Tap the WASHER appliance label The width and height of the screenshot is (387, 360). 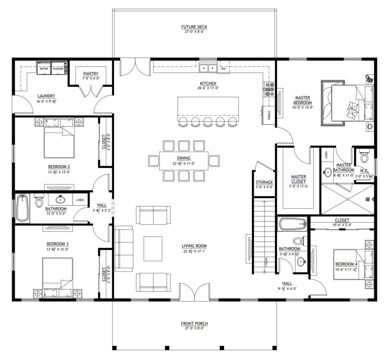(x=58, y=69)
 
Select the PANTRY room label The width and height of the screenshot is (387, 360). (x=91, y=74)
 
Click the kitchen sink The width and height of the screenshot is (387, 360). (x=208, y=68)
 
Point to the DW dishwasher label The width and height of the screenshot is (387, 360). (x=223, y=69)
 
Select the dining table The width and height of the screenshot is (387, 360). (x=184, y=161)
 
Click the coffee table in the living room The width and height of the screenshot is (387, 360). (x=153, y=249)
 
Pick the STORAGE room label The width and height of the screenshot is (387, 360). (x=264, y=182)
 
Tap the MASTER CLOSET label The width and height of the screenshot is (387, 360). (x=299, y=179)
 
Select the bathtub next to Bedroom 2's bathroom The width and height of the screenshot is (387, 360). (x=22, y=208)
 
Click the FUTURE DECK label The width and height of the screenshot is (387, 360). (x=194, y=27)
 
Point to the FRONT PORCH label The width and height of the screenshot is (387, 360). (x=195, y=323)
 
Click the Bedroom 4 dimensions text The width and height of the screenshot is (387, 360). (x=347, y=269)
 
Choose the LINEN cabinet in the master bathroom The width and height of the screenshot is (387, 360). (x=327, y=155)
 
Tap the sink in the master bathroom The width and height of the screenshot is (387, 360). (x=328, y=172)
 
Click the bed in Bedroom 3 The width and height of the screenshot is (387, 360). (x=58, y=278)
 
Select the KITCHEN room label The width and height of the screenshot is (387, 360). (x=208, y=84)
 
